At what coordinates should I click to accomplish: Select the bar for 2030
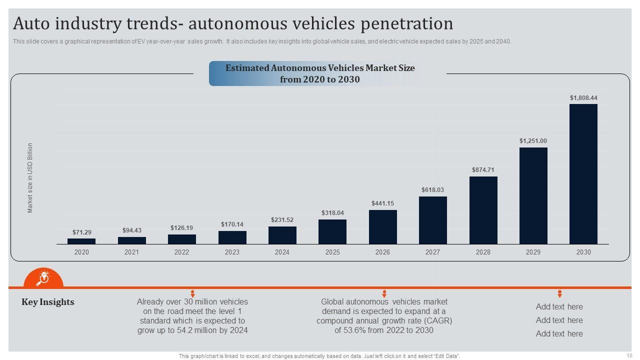[583, 174]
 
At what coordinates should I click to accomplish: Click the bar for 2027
[432, 220]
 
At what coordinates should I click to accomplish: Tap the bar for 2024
[282, 235]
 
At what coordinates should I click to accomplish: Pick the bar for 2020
[81, 241]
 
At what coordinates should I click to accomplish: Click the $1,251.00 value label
[533, 141]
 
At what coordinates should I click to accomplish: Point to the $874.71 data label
[483, 170]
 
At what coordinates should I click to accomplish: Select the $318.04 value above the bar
[332, 213]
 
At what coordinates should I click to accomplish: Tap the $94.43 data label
[132, 230]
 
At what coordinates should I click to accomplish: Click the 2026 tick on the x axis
[382, 252]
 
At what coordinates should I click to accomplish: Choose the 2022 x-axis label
[181, 252]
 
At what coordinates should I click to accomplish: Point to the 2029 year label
[533, 252]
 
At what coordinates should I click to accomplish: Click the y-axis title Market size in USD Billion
[30, 178]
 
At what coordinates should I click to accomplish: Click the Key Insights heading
[48, 302]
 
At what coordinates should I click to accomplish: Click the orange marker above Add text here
[559, 293]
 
